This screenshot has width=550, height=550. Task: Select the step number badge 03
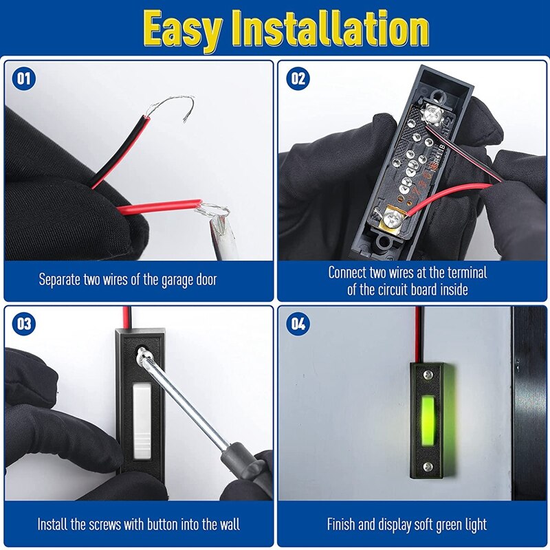pyautogui.click(x=24, y=324)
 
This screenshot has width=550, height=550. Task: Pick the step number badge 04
pyautogui.click(x=298, y=324)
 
